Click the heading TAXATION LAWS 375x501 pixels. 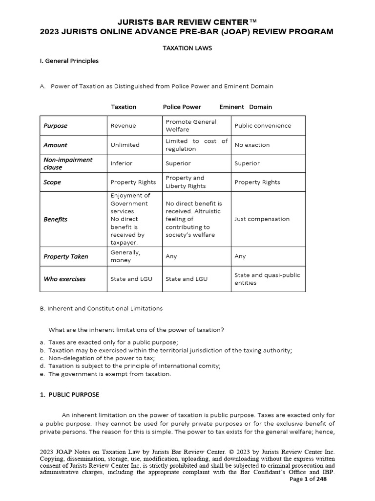(187, 49)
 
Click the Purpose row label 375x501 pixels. (55, 126)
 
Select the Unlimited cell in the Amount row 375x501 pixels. (125, 145)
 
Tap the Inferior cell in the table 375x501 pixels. (122, 163)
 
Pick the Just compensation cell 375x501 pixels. (262, 219)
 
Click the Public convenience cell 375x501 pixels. (263, 126)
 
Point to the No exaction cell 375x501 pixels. (252, 145)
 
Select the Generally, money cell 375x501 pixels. (125, 256)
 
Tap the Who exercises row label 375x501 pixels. (64, 279)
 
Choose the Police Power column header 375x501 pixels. (182, 107)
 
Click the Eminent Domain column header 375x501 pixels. (246, 107)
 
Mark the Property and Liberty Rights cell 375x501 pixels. (186, 182)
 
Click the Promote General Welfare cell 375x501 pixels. (190, 126)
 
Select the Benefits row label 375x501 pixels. (55, 219)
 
